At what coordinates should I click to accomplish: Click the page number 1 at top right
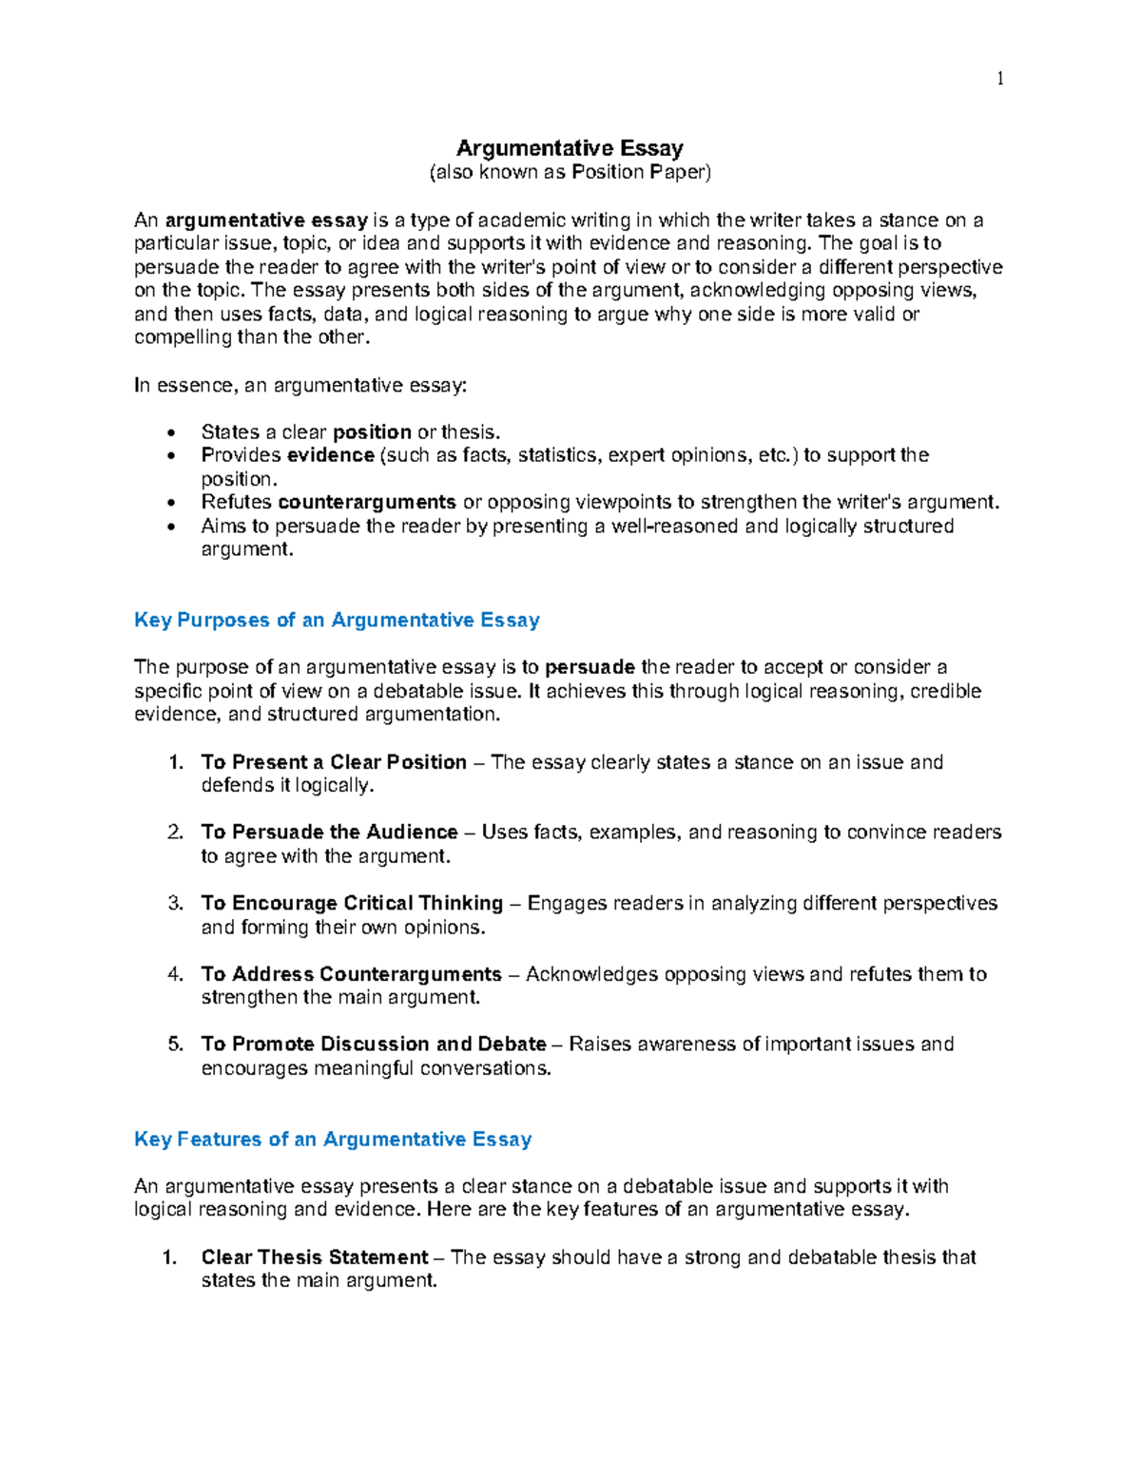(999, 79)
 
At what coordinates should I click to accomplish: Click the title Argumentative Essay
(570, 148)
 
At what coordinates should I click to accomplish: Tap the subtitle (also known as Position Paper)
(570, 172)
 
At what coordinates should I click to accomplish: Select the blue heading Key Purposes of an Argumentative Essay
(337, 621)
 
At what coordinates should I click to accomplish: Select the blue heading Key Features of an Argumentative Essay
(333, 1140)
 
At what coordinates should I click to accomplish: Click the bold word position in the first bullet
(372, 432)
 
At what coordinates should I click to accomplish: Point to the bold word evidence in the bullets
(330, 455)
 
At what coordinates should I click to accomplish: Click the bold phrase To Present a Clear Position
(334, 762)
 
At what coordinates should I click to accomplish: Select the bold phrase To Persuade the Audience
(329, 833)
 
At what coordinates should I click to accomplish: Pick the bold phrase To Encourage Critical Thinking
(352, 903)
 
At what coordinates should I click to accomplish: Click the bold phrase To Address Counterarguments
(351, 974)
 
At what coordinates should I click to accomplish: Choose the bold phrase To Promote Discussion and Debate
(374, 1045)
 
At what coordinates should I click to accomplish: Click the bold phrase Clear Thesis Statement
(315, 1257)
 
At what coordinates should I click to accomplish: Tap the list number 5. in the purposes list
(175, 1045)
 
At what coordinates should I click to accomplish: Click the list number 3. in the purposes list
(175, 903)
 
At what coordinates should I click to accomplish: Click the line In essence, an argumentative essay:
(301, 385)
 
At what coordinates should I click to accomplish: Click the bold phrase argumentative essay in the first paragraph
(266, 220)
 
